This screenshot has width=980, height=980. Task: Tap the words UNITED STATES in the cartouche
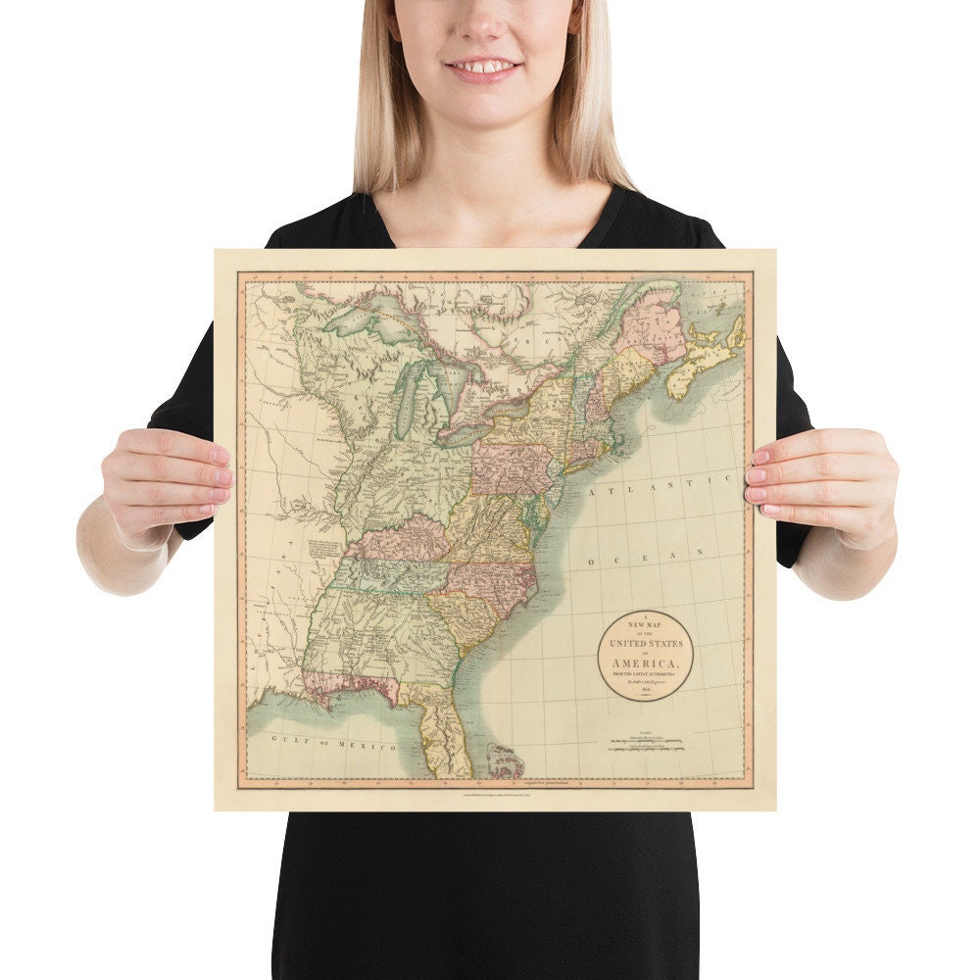646,643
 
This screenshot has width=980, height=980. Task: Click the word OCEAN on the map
647,557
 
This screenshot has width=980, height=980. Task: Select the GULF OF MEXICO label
333,742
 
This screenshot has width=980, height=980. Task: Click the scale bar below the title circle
647,746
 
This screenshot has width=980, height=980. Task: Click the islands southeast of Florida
505,759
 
